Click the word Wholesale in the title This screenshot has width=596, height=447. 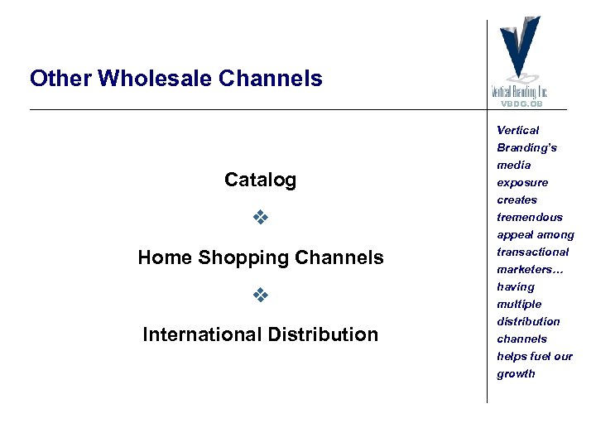(154, 79)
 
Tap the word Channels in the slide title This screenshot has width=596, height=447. (271, 79)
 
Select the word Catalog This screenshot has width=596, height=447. (260, 180)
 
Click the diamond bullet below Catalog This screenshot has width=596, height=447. (260, 219)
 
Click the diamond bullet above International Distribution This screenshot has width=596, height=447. (260, 296)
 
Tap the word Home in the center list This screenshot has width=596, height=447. (165, 257)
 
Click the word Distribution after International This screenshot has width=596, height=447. (323, 334)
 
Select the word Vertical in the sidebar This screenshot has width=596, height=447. (517, 130)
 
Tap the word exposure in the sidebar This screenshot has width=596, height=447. (522, 183)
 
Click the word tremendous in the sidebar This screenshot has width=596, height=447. (530, 217)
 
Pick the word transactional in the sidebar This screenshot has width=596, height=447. (533, 252)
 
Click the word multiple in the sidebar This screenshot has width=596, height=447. (519, 304)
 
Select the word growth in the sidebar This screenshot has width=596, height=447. (516, 373)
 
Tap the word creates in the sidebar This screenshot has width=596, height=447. (517, 199)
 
